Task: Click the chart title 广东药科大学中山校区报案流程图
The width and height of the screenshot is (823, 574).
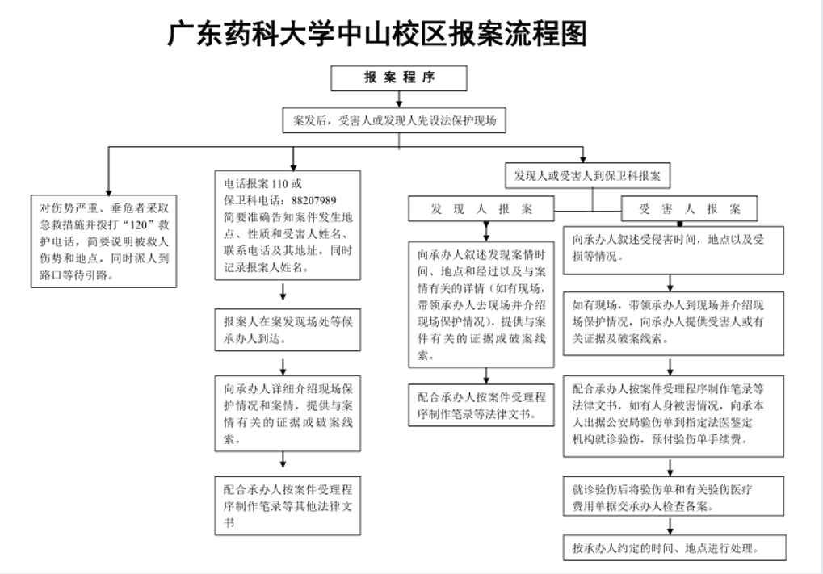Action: pos(377,34)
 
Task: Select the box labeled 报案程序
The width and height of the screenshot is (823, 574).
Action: pos(399,78)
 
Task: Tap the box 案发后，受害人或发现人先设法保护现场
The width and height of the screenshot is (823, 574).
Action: pos(394,120)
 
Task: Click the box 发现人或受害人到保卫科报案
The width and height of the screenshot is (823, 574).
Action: pos(587,176)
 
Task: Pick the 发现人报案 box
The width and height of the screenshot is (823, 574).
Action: pos(481,209)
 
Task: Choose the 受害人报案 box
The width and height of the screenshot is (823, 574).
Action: pos(689,209)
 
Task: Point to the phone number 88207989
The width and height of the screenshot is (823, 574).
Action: pos(313,200)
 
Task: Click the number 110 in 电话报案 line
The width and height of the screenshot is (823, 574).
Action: pos(279,183)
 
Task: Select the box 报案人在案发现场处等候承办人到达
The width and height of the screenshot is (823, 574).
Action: pos(288,330)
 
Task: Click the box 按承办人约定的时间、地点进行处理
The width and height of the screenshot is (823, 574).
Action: pos(675,548)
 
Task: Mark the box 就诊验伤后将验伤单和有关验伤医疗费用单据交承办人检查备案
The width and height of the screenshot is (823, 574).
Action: pos(674,496)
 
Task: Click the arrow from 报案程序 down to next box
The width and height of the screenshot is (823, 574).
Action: pos(399,99)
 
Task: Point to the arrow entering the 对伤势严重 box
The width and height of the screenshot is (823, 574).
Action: pos(109,171)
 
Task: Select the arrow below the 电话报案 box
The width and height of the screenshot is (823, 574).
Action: pos(283,291)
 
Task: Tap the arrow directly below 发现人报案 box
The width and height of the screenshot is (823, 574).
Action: pos(486,232)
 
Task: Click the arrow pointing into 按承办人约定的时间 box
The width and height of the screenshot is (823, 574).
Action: pos(670,526)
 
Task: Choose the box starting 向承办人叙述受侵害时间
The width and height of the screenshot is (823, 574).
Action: pos(674,250)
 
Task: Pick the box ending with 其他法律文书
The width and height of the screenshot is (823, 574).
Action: pos(288,506)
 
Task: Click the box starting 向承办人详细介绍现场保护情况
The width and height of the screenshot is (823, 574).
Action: pos(288,413)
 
